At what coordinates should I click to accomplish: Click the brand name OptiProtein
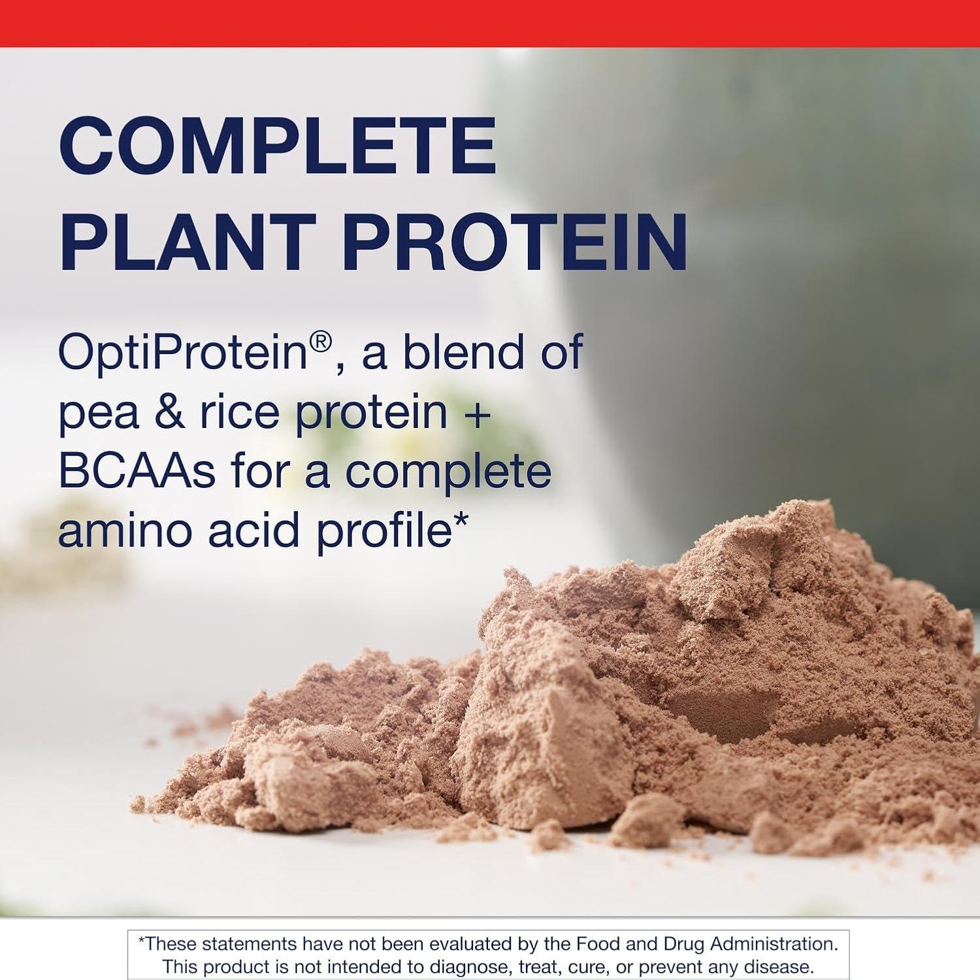pos(182,353)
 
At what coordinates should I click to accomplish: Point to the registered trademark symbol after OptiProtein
pos(321,342)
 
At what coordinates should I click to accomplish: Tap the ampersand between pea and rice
pos(169,413)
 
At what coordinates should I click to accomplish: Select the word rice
pos(239,413)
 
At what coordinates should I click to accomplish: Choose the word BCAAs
pos(137,472)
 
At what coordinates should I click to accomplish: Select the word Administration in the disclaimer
pos(774,943)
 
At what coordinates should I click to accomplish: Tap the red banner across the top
pos(490,23)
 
